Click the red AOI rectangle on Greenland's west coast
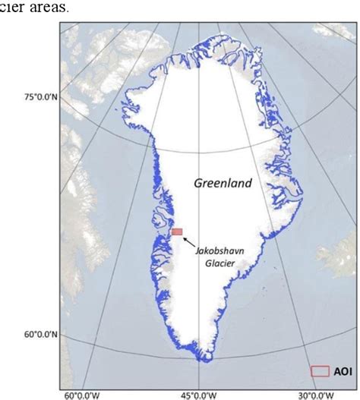point(177,231)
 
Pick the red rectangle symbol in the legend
point(320,371)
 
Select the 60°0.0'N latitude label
point(38,333)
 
